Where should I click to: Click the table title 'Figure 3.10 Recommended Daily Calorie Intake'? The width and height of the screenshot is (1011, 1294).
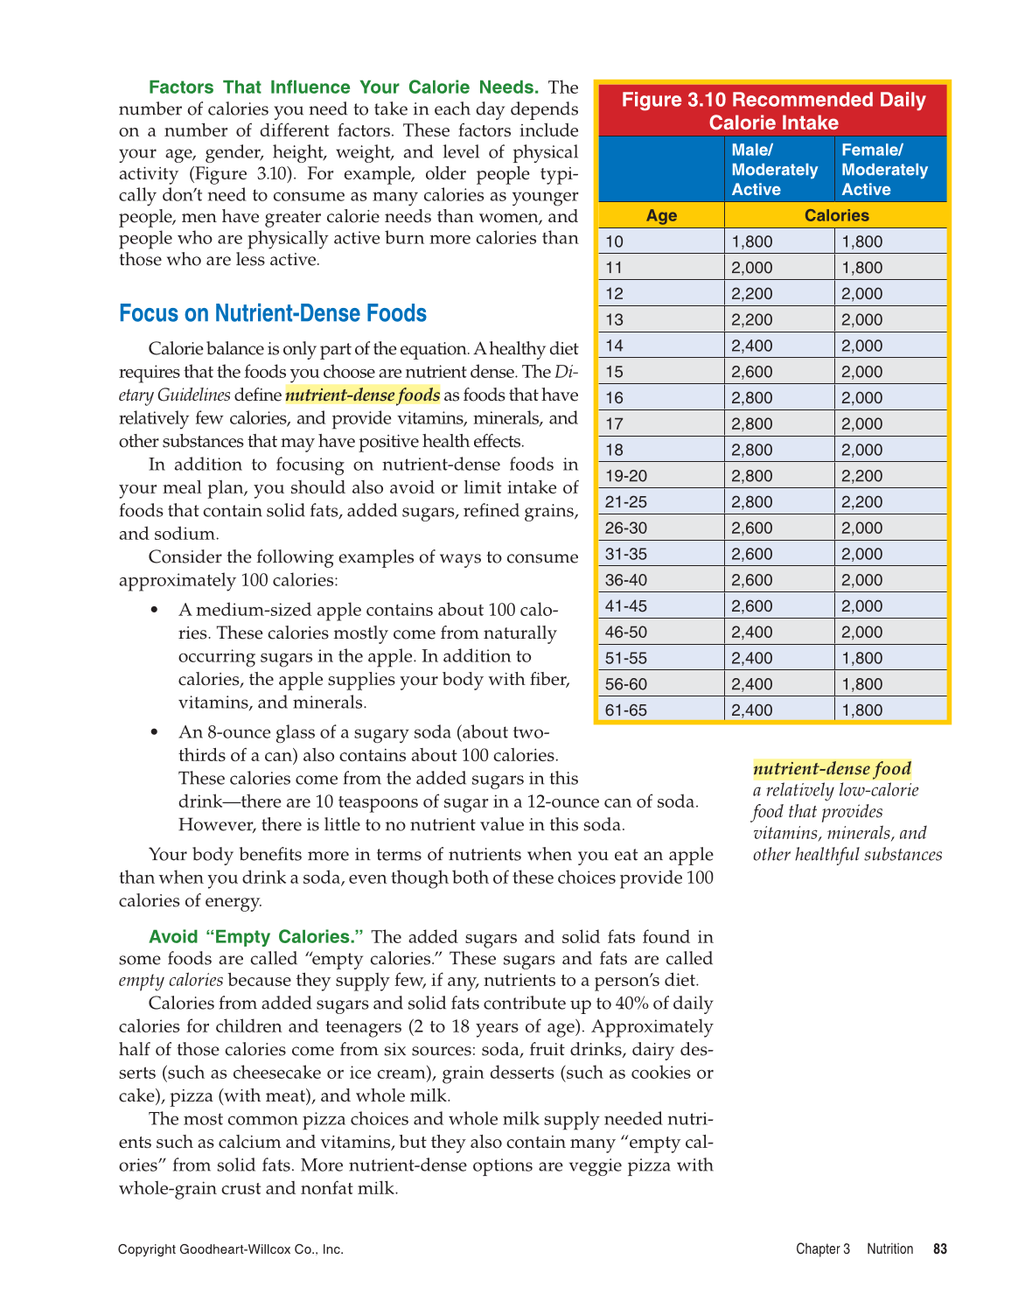(x=773, y=111)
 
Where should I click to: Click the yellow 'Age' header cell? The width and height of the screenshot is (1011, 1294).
(x=661, y=215)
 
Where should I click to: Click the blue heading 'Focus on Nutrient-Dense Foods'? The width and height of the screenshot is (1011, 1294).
(x=273, y=313)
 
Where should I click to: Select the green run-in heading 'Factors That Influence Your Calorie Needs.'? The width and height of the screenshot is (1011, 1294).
(x=344, y=87)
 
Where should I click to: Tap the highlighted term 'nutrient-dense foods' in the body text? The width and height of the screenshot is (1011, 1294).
(x=362, y=395)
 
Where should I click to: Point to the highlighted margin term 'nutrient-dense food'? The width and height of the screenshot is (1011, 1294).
(x=832, y=769)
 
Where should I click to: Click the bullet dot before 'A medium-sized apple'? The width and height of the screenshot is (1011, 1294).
(x=155, y=610)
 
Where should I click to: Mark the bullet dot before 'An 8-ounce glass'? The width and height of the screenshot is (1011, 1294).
(x=155, y=732)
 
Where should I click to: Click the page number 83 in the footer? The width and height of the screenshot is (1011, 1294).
(x=940, y=1249)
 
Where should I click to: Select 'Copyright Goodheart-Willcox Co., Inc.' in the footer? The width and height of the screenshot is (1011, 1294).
(x=231, y=1249)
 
